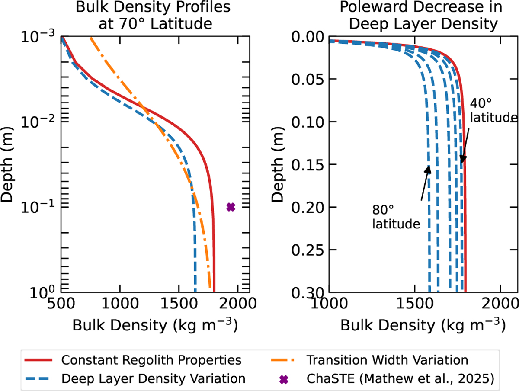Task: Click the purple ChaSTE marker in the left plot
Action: point(231,207)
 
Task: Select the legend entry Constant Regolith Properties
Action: point(151,360)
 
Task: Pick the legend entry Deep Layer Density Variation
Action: point(154,378)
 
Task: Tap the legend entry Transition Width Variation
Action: point(387,360)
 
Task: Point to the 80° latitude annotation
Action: point(396,217)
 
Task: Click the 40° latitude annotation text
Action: point(494,110)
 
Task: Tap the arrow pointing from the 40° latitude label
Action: point(465,146)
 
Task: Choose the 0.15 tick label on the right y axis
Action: point(308,164)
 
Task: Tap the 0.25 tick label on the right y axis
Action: point(308,250)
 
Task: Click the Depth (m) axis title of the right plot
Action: point(277,164)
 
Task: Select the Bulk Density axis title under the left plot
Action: point(155,325)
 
